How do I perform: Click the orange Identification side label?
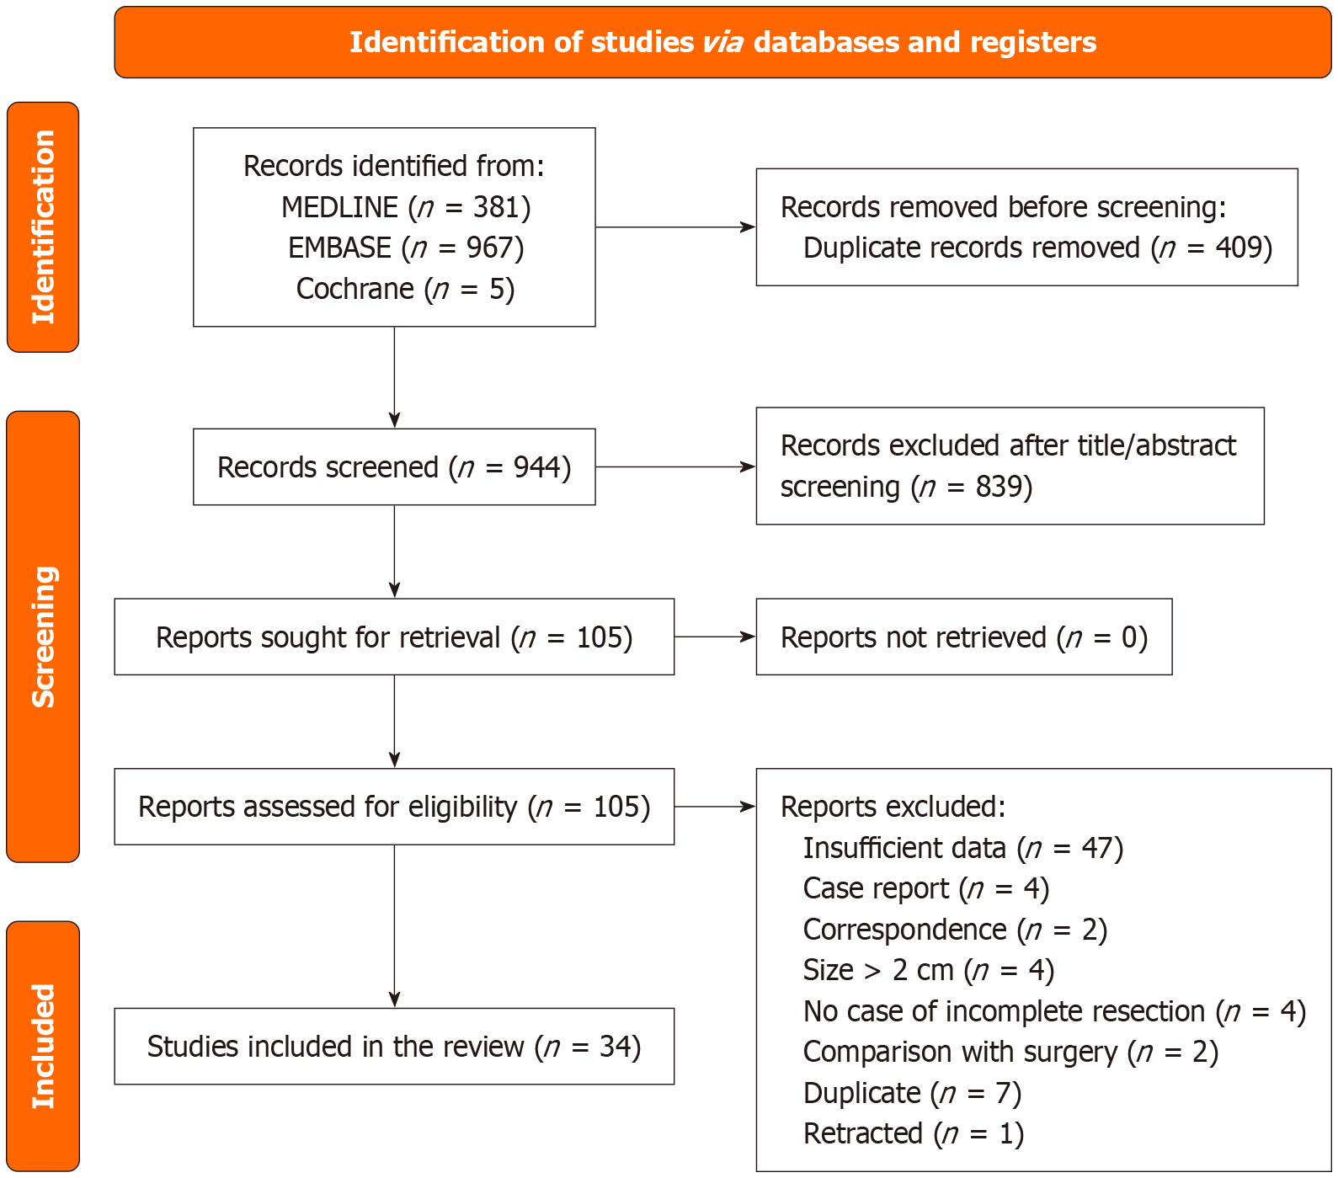[x=43, y=227]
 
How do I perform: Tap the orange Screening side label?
[x=43, y=637]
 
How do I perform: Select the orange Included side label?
[x=43, y=1046]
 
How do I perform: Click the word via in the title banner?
[x=722, y=42]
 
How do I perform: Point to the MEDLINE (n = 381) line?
[x=406, y=207]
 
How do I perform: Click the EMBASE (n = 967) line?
[x=406, y=248]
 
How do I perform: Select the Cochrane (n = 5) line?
[x=405, y=289]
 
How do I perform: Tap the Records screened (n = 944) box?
[x=394, y=467]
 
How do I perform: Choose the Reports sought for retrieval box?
[x=394, y=637]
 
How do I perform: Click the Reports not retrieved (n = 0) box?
[x=963, y=637]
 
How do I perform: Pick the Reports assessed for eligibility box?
[x=394, y=807]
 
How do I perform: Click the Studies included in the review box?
[x=394, y=1047]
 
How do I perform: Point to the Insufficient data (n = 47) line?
[x=962, y=848]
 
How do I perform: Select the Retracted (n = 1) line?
[x=913, y=1133]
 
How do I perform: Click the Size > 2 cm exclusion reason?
[x=928, y=970]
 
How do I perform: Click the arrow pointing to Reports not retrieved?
[x=715, y=637]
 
